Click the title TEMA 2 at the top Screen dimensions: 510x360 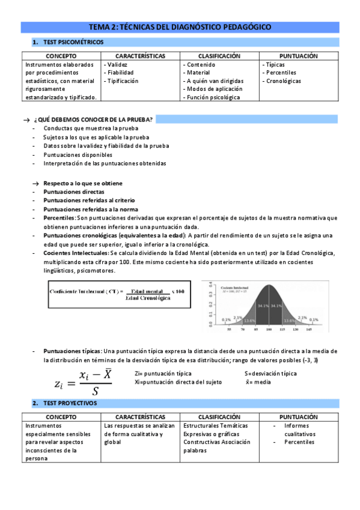[180, 27]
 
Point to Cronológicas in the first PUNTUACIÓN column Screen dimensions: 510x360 [284, 81]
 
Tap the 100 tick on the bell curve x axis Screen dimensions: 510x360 [270, 330]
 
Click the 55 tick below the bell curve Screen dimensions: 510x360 [228, 330]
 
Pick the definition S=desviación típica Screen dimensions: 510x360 [270, 373]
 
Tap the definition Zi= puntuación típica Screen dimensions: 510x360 [163, 373]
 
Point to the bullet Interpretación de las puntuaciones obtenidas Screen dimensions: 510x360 [105, 163]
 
